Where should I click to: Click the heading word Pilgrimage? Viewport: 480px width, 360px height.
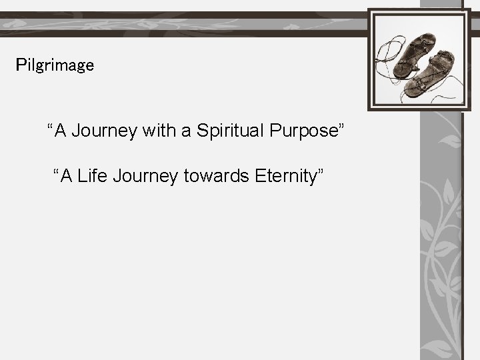pyautogui.click(x=55, y=66)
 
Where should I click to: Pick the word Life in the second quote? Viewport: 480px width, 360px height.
pyautogui.click(x=93, y=176)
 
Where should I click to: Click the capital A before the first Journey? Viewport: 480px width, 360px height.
pyautogui.click(x=60, y=131)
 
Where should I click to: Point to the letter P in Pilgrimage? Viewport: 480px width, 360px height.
pyautogui.click(x=20, y=65)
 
